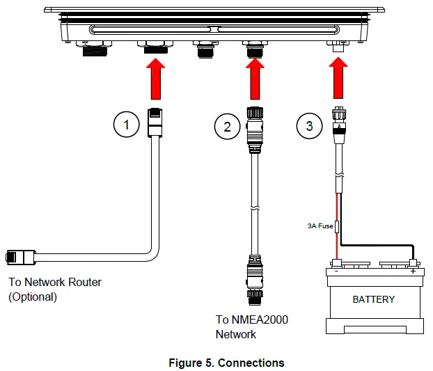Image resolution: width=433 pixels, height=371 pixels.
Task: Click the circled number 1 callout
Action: point(126,125)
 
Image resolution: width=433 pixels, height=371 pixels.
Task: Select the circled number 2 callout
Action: point(227,126)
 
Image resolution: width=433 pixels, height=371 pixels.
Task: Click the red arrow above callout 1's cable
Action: point(155,79)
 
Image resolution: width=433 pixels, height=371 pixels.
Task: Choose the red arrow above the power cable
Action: point(339,79)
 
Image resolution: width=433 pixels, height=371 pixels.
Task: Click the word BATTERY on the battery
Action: point(373,299)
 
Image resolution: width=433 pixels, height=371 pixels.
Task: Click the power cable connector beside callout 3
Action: point(339,125)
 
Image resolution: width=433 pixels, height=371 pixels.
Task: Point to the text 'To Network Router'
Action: point(55,282)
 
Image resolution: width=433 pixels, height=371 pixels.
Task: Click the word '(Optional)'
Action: point(32,297)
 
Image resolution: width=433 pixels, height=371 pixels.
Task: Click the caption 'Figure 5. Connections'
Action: point(226,363)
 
